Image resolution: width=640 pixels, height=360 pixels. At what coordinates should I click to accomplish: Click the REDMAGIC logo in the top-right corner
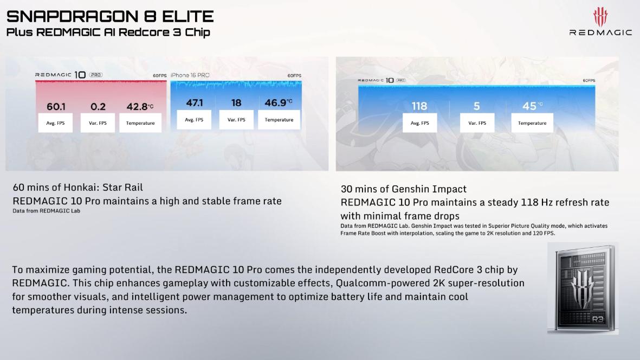[600, 22]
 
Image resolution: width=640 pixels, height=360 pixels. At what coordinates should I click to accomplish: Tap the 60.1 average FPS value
[56, 106]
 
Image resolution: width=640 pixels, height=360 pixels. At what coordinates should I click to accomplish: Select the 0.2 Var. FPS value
[98, 106]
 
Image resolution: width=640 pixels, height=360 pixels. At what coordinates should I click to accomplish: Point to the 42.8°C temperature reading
[140, 106]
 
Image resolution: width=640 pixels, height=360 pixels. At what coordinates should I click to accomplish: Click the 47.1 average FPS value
[195, 103]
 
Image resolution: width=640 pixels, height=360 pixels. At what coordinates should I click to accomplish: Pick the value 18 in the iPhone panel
[236, 103]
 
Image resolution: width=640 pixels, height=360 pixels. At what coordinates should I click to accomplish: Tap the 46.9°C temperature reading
[279, 102]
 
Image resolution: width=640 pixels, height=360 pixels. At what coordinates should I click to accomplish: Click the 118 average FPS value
[419, 106]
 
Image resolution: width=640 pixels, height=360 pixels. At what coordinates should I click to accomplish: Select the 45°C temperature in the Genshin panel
[532, 106]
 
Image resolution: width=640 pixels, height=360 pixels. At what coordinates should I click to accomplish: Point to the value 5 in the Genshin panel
[477, 106]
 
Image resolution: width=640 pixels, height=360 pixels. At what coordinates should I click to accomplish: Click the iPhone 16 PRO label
[190, 75]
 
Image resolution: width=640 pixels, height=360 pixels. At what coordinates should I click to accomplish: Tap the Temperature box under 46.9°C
[279, 120]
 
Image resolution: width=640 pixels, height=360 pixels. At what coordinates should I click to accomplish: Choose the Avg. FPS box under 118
[419, 123]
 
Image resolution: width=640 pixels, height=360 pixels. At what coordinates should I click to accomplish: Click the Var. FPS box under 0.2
[98, 123]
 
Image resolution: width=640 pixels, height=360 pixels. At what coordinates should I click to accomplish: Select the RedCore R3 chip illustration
[583, 288]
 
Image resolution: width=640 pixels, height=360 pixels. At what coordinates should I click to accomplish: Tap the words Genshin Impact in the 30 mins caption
[429, 189]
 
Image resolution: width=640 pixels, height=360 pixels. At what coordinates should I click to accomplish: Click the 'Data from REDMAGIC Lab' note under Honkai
[47, 211]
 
